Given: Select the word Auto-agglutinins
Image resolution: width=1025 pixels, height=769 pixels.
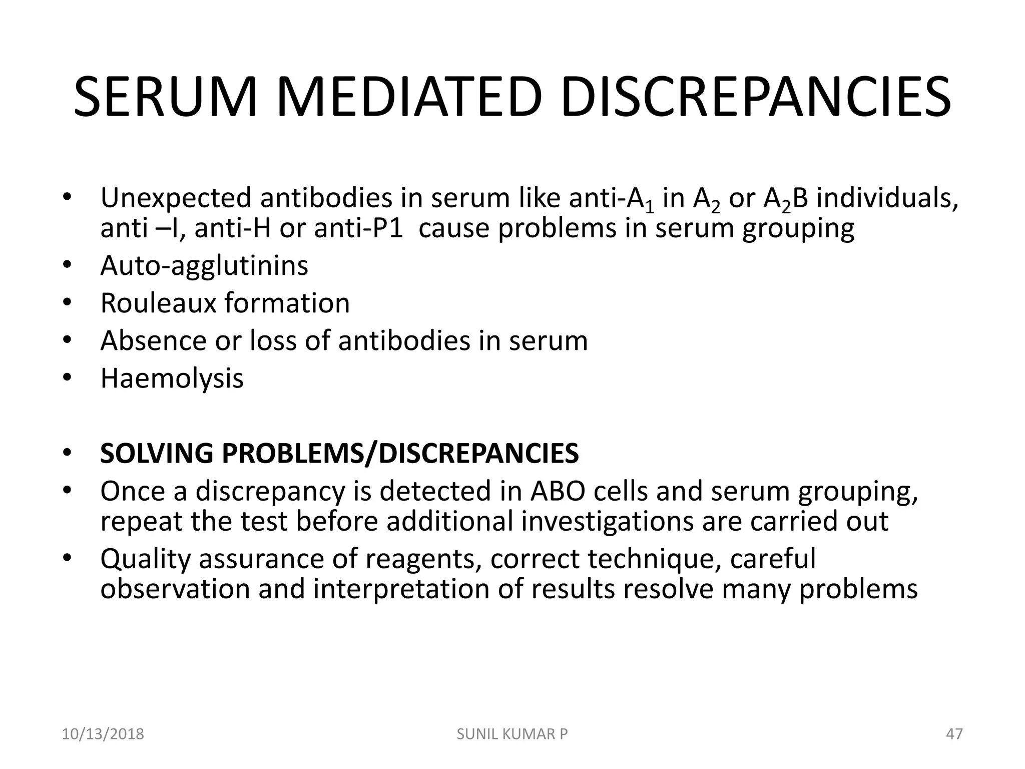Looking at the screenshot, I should point(204,266).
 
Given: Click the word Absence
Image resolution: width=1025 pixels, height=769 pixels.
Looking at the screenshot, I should point(153,341).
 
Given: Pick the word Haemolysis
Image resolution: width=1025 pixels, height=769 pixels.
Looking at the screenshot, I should point(172,379).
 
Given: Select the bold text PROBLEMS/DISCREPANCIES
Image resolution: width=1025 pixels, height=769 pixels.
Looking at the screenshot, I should point(400,454).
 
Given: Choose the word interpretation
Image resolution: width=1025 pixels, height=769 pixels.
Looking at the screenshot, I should point(401,589).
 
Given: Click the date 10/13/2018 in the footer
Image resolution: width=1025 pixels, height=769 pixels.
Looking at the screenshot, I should point(103,734).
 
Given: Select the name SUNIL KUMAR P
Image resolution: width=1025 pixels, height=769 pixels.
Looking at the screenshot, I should point(512,734).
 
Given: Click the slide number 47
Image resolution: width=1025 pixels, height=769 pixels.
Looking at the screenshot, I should point(954,734).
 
